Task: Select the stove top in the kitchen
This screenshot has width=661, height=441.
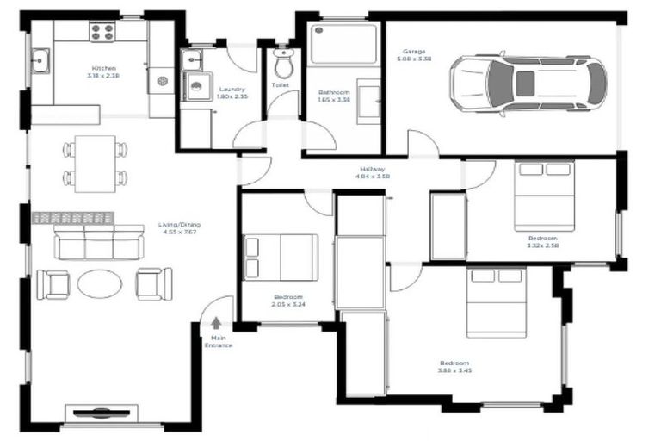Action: coord(102,32)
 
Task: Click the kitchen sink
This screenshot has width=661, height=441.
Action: coord(40,60)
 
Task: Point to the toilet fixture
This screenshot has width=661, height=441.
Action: coord(282,63)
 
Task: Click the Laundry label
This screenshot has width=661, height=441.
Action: coord(232,89)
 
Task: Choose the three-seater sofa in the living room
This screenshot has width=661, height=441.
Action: coord(98,243)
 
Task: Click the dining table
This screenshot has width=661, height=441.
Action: coord(95,163)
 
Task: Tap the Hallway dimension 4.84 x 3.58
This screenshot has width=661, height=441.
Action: coord(373,177)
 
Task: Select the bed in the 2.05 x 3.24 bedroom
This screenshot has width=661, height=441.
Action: coord(281,257)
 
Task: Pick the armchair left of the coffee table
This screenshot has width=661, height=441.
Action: coord(53,283)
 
